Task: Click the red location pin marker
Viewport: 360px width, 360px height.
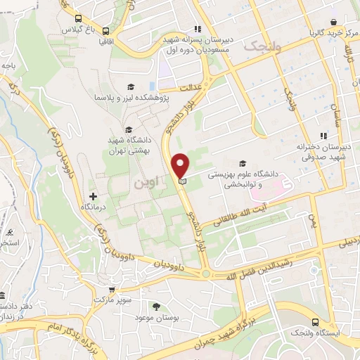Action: [181, 167]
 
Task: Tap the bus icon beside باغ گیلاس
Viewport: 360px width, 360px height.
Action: [77, 19]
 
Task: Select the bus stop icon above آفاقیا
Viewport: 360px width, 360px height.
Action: [105, 31]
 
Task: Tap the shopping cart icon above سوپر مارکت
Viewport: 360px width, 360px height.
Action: [111, 288]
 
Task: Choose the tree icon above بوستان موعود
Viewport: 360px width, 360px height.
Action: [155, 307]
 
